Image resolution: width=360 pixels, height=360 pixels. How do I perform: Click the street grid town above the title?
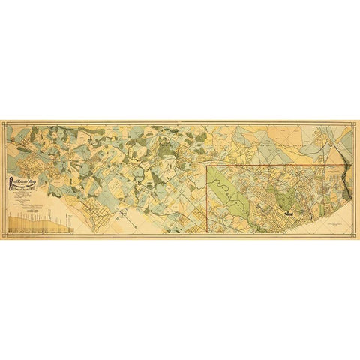pyautogui.click(x=30, y=154)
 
